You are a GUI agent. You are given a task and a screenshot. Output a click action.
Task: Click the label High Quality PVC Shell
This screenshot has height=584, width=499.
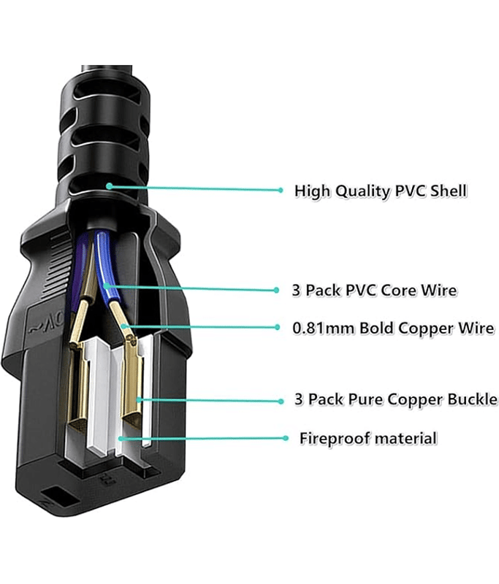(x=380, y=191)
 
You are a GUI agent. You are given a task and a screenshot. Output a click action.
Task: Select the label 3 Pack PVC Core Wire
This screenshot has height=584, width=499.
(x=374, y=291)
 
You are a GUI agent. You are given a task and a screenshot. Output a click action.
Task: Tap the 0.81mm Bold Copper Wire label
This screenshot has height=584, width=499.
(x=393, y=328)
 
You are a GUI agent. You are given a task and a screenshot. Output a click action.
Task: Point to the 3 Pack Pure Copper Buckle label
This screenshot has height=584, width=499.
(x=395, y=399)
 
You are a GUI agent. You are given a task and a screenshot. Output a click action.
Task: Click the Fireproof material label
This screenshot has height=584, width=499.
(x=368, y=439)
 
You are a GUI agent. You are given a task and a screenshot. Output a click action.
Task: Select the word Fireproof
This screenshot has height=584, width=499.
(x=334, y=439)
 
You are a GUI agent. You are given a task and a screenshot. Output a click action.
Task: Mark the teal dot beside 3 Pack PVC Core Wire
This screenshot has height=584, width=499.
(x=277, y=290)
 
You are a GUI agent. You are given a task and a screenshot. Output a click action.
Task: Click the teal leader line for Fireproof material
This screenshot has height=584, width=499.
(x=205, y=439)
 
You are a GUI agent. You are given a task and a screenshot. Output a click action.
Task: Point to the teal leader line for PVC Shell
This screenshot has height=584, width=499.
(x=197, y=188)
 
